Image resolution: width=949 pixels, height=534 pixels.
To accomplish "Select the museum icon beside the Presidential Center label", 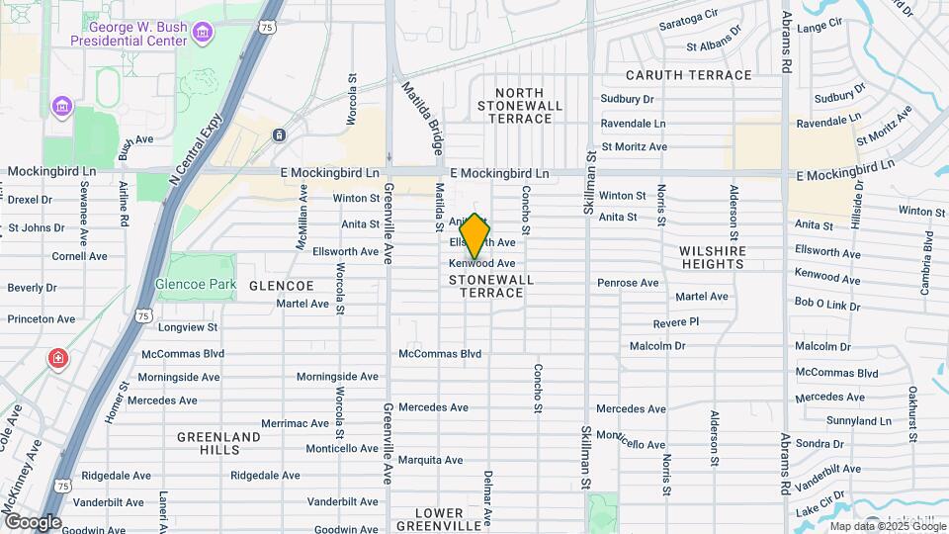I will (203, 35).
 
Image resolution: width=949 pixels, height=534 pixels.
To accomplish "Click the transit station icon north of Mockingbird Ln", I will (280, 134).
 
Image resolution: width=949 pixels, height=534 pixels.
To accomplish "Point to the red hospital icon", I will (58, 357).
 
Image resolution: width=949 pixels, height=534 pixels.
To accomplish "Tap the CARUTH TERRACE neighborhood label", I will (689, 75).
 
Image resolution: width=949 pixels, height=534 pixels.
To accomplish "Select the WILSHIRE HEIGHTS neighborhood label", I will (724, 257).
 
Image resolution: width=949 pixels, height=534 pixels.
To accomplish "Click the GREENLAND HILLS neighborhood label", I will (218, 442).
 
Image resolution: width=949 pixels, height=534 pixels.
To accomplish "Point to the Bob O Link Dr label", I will (827, 305).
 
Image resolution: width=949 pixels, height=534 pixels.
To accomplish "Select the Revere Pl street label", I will (676, 322).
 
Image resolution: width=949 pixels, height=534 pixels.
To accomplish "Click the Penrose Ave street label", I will (628, 283).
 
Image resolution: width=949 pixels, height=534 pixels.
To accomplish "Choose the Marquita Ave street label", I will (431, 460).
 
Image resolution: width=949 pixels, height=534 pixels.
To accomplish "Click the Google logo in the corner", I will (33, 521).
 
